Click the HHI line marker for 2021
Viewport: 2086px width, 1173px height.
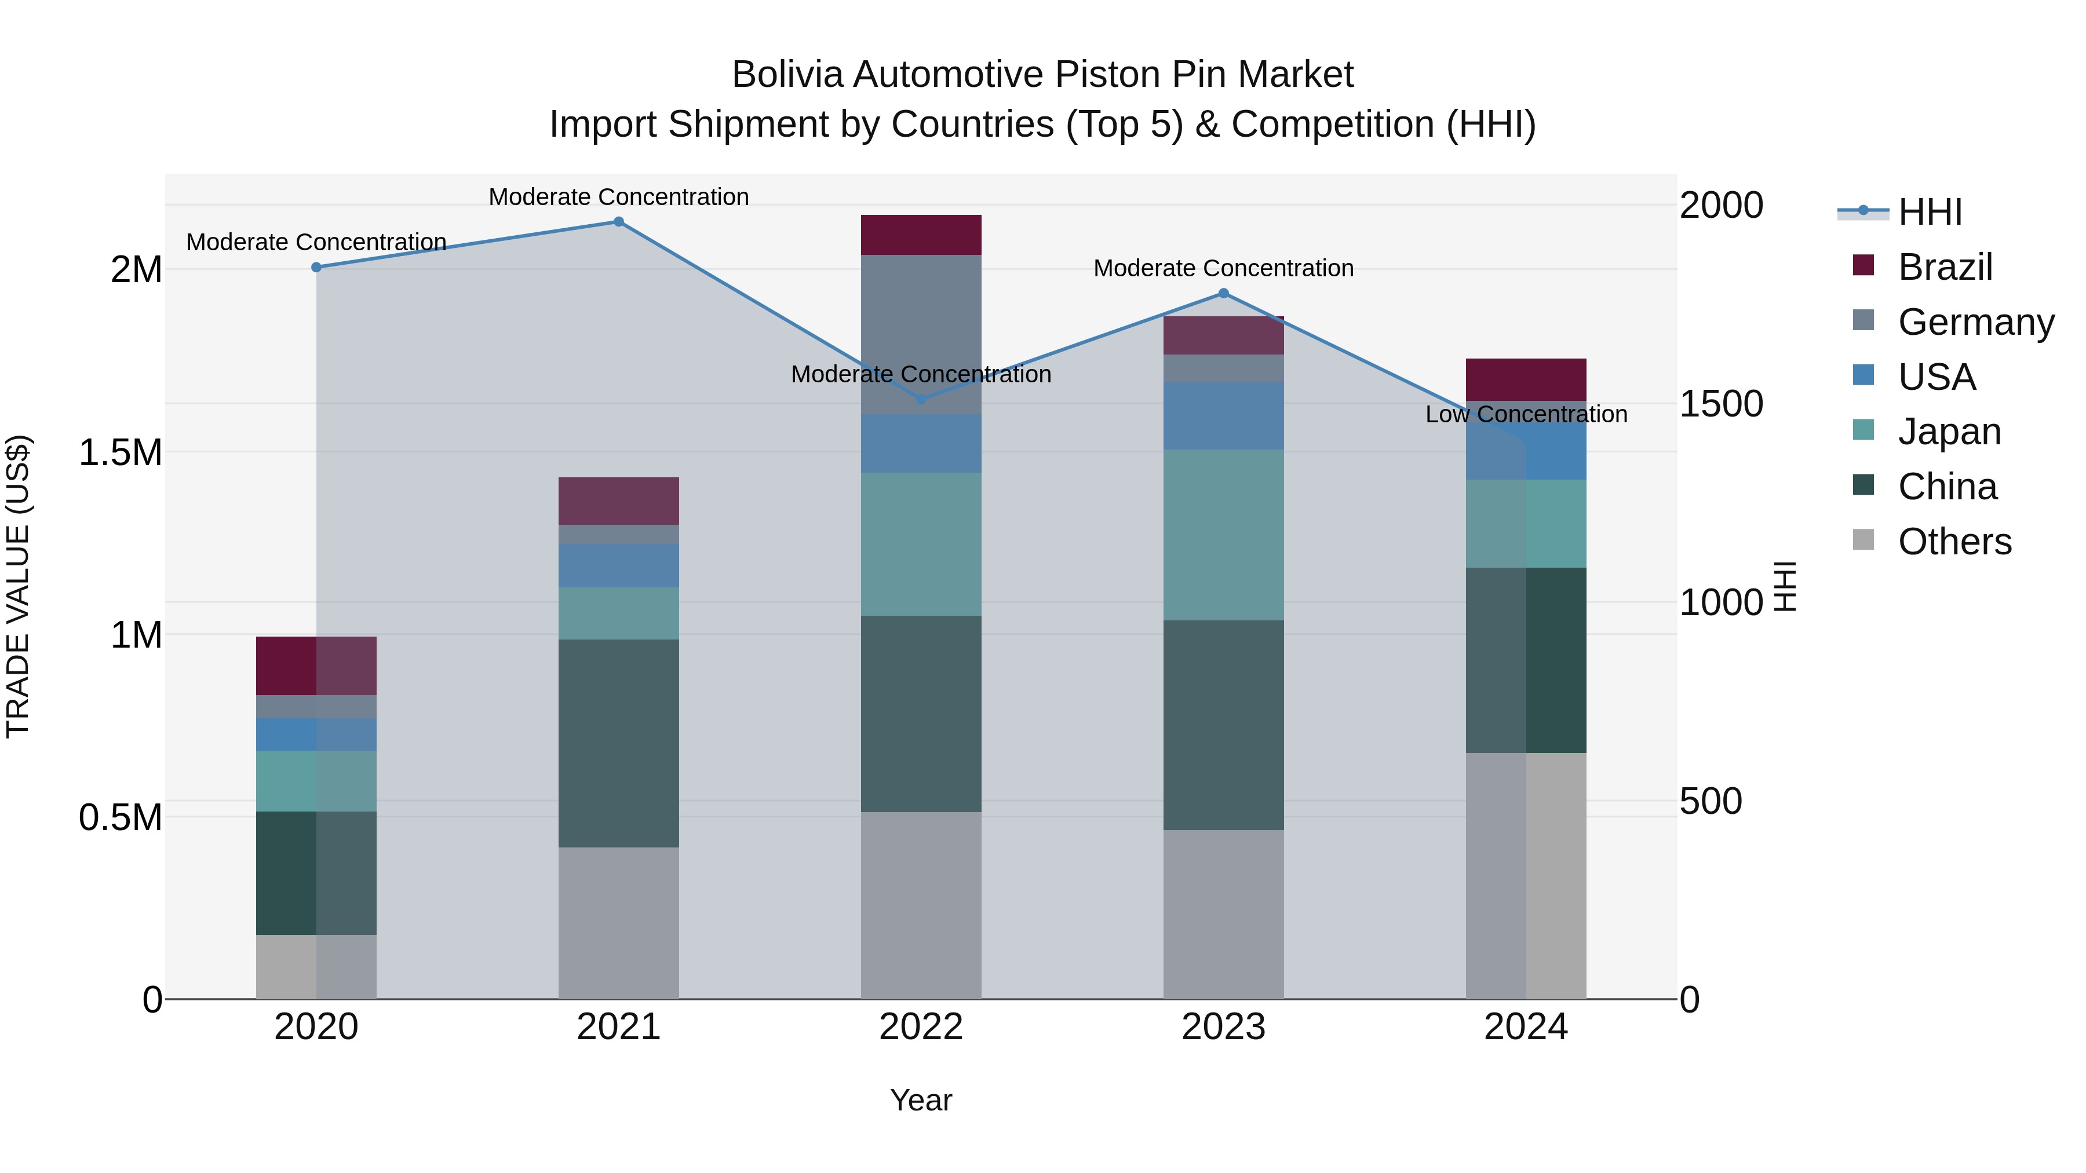pos(619,222)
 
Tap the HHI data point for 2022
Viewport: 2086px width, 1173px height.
pos(921,399)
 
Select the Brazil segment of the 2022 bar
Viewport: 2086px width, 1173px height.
pos(921,235)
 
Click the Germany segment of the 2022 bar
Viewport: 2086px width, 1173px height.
pos(921,334)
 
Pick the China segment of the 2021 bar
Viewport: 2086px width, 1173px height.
pos(619,743)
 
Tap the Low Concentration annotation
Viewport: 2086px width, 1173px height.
pos(1526,415)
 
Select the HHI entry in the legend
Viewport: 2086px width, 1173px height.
pos(1929,212)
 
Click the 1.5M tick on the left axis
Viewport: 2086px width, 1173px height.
pos(121,452)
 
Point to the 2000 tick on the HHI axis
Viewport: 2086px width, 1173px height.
pos(1721,206)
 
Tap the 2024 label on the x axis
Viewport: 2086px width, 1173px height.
pos(1526,1027)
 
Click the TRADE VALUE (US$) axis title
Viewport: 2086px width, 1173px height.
pos(18,586)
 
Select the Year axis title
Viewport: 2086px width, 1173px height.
pos(921,1100)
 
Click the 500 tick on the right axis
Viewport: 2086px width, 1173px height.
pos(1711,802)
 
